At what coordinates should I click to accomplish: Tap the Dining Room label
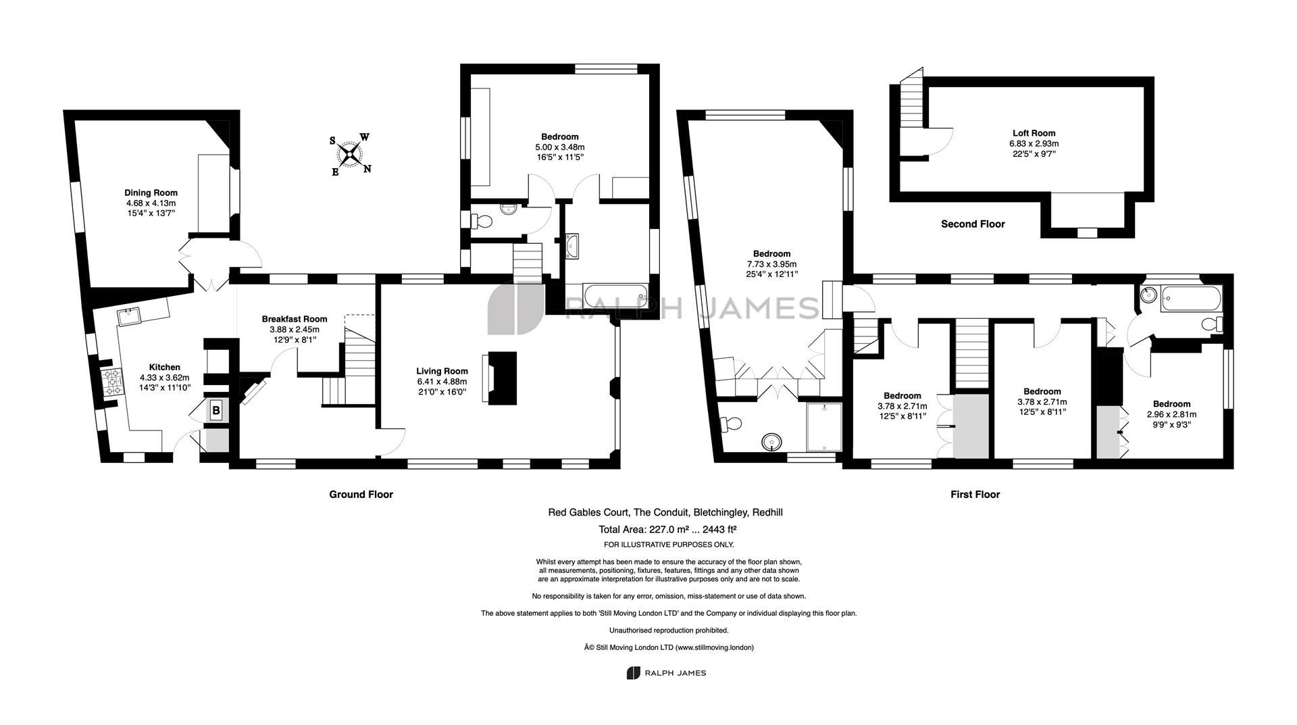pos(151,193)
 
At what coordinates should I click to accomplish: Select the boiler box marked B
pos(216,410)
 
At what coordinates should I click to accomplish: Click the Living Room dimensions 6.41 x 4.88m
pos(442,382)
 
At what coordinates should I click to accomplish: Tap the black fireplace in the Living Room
pos(502,378)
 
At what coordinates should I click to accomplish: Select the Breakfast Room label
pos(295,319)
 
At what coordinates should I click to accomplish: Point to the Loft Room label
pos(1034,133)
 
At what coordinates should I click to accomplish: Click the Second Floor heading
pos(973,224)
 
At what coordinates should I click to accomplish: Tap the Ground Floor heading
pos(361,495)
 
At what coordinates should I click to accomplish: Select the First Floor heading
pos(975,495)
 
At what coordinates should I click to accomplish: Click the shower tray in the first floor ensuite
pos(824,427)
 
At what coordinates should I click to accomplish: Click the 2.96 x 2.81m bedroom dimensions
pos(1171,415)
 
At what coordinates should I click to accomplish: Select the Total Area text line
pos(667,530)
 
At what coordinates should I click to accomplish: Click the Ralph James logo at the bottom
pos(666,673)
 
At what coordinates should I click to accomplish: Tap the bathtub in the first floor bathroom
pos(1191,299)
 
